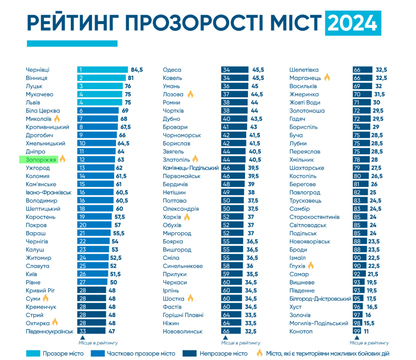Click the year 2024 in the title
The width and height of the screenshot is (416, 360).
click(x=353, y=23)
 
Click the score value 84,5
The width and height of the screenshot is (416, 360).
click(x=137, y=70)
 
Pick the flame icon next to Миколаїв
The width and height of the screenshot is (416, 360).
click(x=57, y=119)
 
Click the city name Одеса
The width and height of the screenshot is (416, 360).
click(x=172, y=70)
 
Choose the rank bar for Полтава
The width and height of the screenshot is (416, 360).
click(x=234, y=200)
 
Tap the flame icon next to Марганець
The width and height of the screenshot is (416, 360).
click(x=327, y=78)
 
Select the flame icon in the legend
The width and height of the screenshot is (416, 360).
click(x=260, y=353)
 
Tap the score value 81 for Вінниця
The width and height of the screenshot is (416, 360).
click(x=130, y=78)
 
